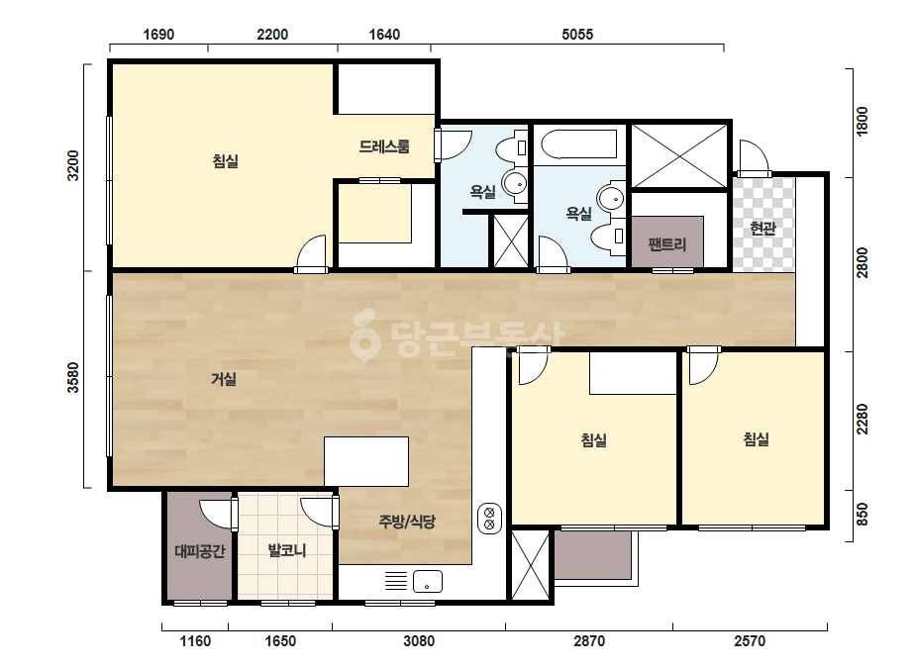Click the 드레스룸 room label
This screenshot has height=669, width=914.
[x=384, y=146]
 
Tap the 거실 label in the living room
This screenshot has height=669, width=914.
[x=224, y=379]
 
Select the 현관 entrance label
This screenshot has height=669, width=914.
[x=763, y=228]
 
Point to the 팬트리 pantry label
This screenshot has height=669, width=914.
[x=667, y=244]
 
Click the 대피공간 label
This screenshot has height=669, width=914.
[x=200, y=550]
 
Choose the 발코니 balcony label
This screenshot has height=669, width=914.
[x=287, y=550]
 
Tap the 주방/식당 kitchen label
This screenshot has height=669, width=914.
[x=407, y=521]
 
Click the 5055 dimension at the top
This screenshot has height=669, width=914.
[x=577, y=35]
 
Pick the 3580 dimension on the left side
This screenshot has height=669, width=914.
[x=73, y=378]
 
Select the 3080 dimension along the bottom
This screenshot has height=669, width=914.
[x=419, y=641]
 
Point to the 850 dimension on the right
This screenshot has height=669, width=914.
[x=863, y=514]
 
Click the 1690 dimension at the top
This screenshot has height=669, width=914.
[x=158, y=35]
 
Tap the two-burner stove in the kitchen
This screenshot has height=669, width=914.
[x=489, y=519]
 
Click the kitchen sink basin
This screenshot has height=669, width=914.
[x=427, y=582]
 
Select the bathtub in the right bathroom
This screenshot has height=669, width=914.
[x=579, y=143]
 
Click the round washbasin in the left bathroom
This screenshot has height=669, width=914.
[x=515, y=184]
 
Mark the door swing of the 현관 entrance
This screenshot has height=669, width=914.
[x=755, y=157]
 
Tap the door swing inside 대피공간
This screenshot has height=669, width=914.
[x=217, y=514]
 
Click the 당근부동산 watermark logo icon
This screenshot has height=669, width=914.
[x=364, y=335]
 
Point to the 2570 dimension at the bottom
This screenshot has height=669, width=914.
[x=749, y=641]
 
